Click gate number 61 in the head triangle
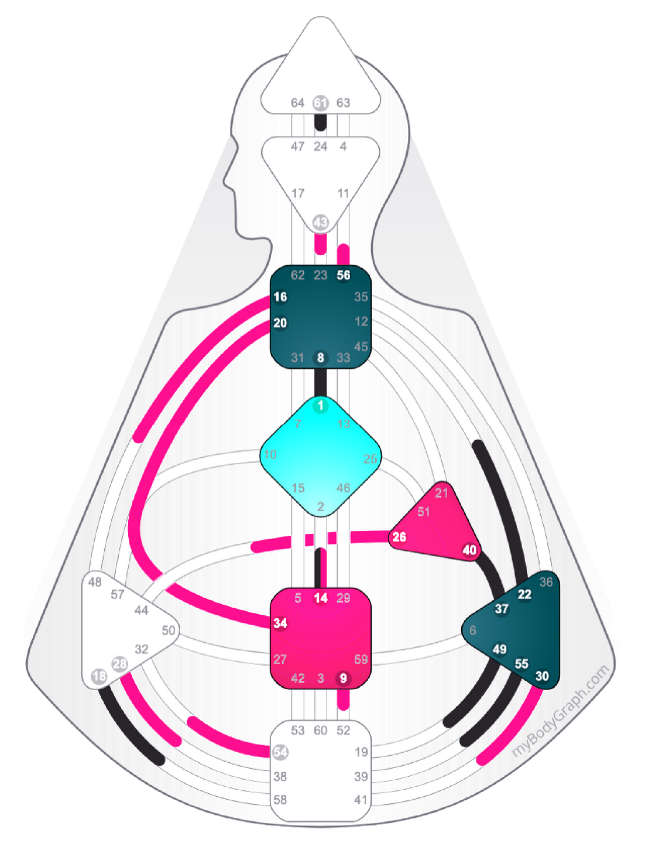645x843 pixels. tap(320, 103)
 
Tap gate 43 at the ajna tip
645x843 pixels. tap(320, 222)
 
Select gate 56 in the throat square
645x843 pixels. tap(344, 275)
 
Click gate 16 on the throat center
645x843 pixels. tap(280, 297)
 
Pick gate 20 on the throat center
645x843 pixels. tap(280, 323)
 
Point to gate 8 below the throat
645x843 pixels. tap(320, 358)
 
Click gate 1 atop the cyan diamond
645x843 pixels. tap(320, 405)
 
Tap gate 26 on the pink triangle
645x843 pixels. tap(399, 537)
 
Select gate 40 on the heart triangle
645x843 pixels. tap(469, 550)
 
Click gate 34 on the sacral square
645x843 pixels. tap(280, 623)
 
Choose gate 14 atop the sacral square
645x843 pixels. tap(321, 598)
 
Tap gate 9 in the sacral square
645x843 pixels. tap(343, 678)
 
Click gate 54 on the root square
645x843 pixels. tap(281, 752)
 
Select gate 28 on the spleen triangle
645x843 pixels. tap(120, 664)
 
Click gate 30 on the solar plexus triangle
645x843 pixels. tap(542, 676)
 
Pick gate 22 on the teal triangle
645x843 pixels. tap(524, 594)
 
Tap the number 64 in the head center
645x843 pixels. tap(297, 103)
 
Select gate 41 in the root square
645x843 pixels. tap(361, 800)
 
